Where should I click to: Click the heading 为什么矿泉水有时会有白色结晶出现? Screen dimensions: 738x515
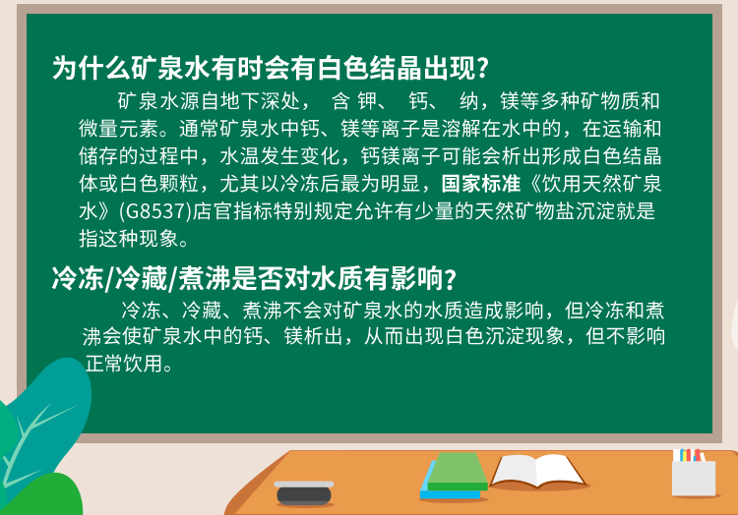271,68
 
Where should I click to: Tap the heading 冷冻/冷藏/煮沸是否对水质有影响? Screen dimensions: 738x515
254,278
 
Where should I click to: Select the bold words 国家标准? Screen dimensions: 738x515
480,184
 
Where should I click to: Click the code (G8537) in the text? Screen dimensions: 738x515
154,211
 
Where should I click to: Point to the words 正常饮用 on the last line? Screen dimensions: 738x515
124,364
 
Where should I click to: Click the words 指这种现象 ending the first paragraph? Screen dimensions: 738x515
129,239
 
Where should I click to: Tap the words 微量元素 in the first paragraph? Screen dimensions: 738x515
119,129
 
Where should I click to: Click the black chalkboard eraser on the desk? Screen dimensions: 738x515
304,493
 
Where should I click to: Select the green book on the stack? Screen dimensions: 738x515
457,472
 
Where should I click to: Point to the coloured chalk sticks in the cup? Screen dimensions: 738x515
689,455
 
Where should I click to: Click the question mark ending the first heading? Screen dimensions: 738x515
483,69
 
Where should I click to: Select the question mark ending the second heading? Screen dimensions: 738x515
451,279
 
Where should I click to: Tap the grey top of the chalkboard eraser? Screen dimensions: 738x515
304,485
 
